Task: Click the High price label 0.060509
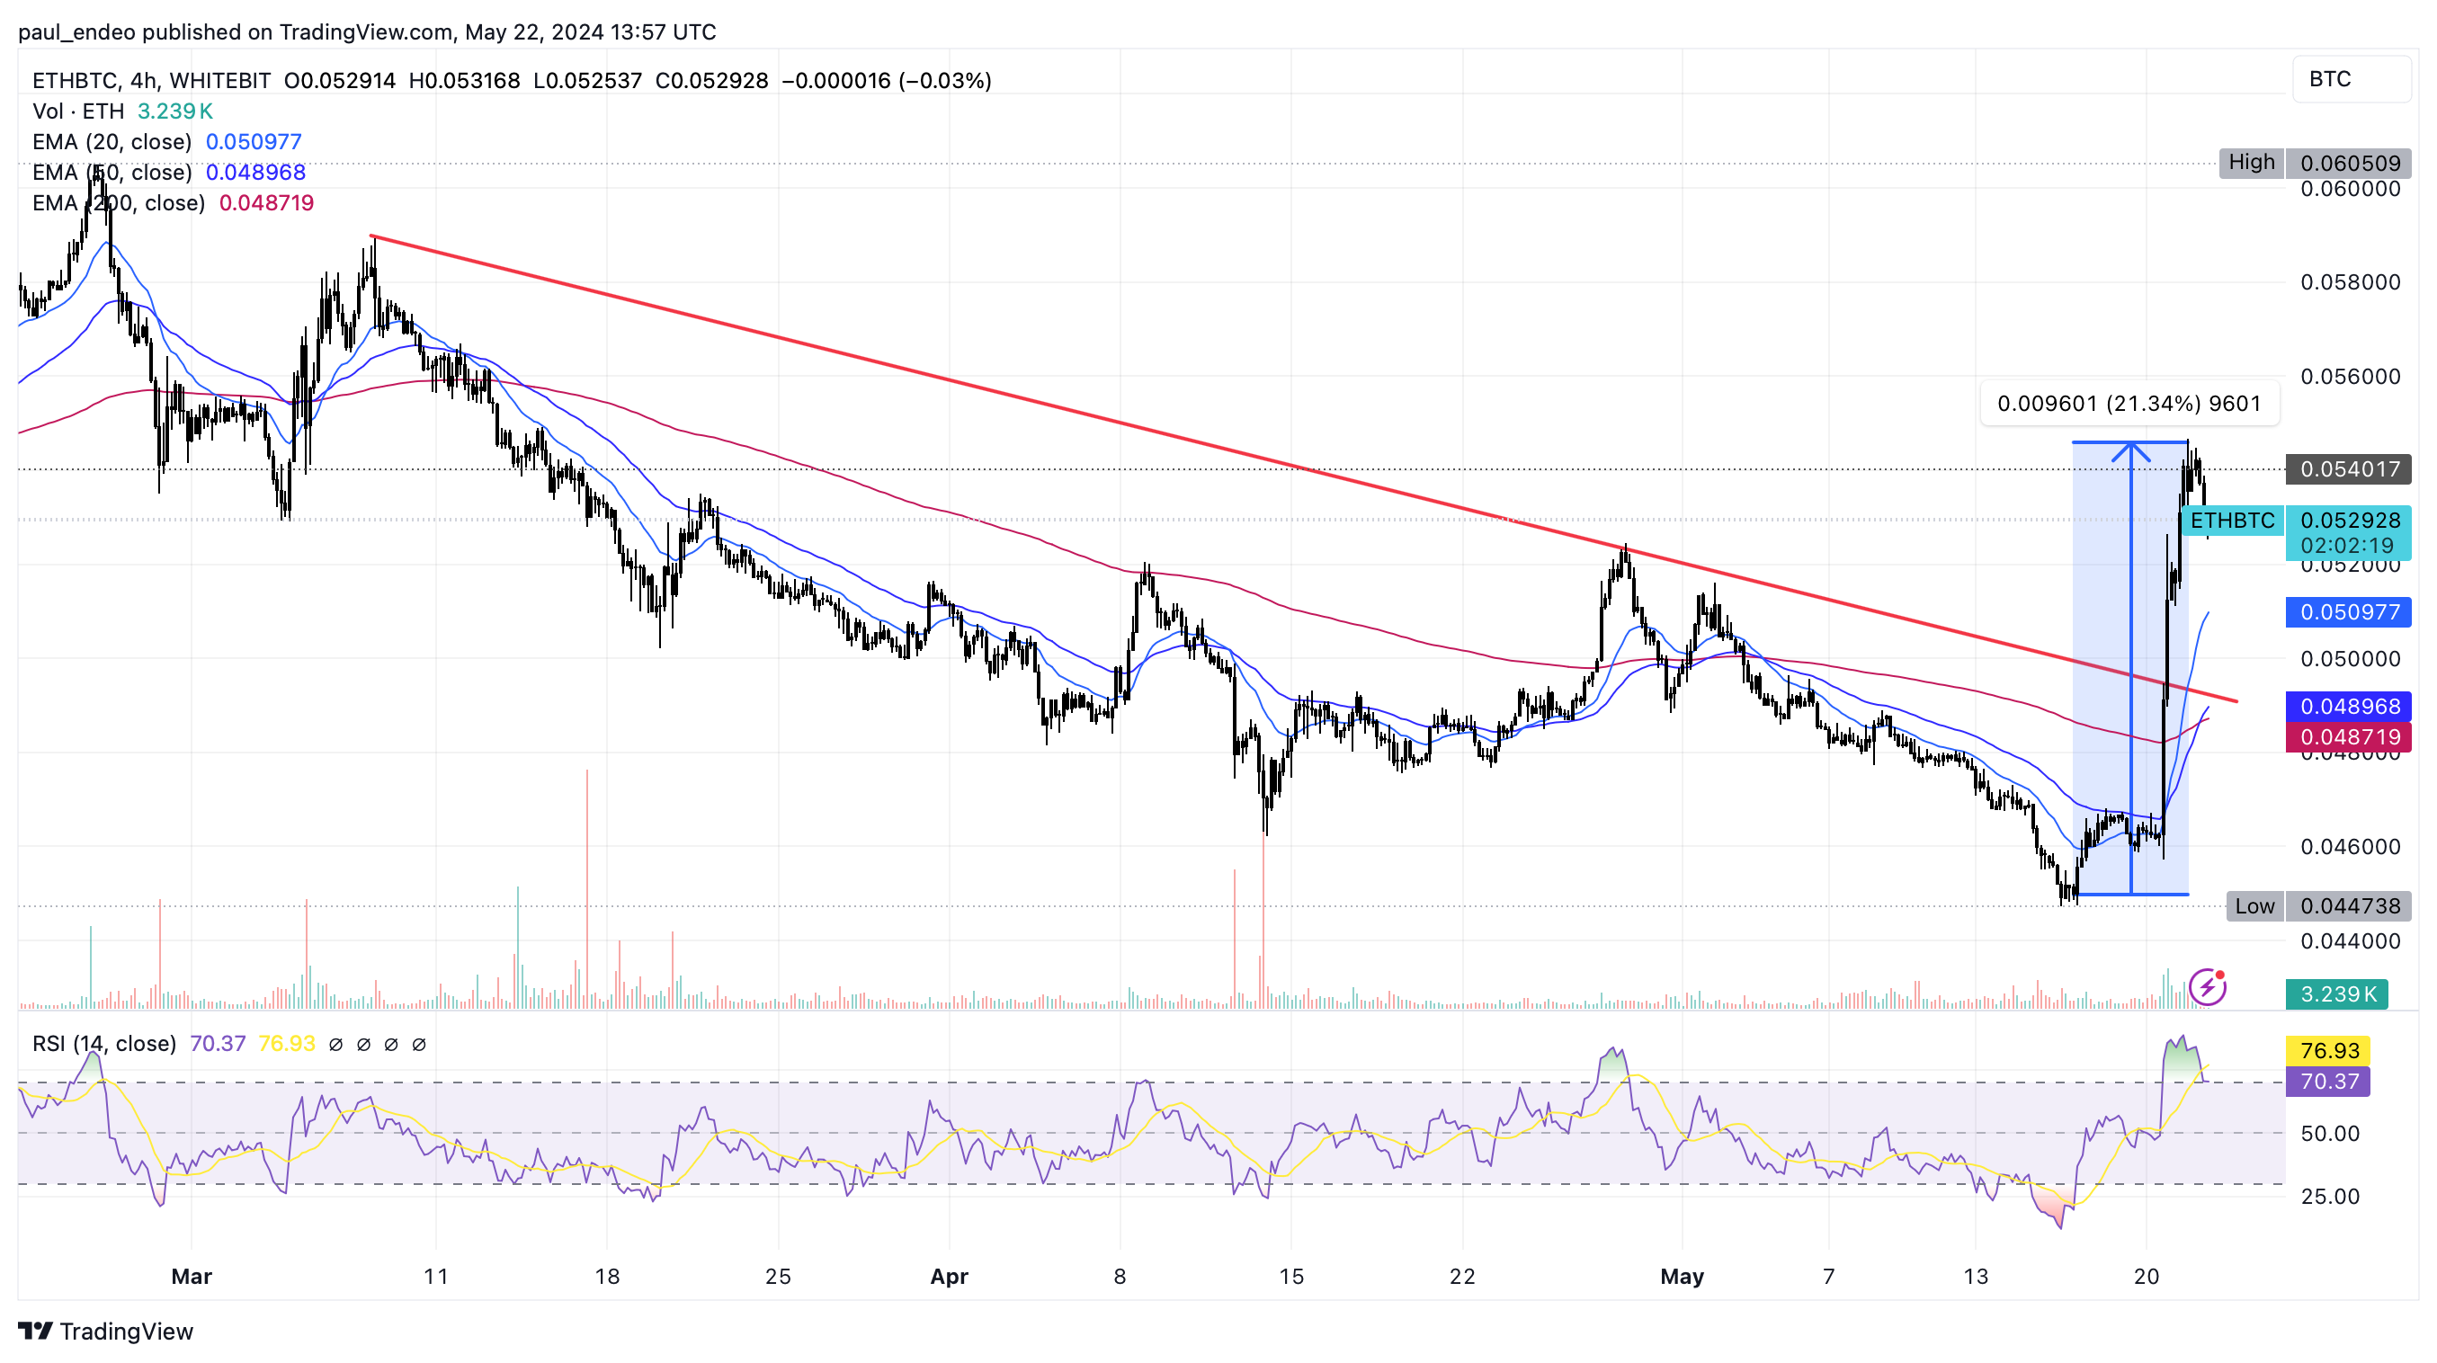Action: pos(2348,163)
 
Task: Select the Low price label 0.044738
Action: pos(2348,906)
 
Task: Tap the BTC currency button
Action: pos(2350,79)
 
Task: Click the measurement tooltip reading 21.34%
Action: pos(2129,404)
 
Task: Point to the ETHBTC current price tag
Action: pos(2232,521)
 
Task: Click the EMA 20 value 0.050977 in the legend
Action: pos(254,142)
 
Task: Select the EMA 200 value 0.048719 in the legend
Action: pos(266,203)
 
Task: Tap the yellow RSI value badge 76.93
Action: pos(2328,1051)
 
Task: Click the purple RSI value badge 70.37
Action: pos(2328,1081)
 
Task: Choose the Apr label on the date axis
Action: pos(949,1277)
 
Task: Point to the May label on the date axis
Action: pos(1682,1277)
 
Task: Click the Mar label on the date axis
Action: pos(192,1277)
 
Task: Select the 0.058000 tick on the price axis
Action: pos(2350,283)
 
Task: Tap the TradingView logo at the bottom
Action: pos(106,1332)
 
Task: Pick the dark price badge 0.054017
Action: pos(2348,469)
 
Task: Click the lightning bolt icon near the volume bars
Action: pos(2207,987)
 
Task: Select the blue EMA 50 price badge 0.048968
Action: pos(2348,707)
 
